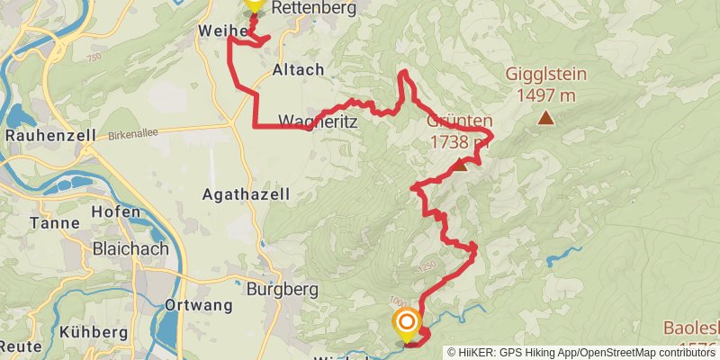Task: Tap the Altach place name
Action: tap(297, 69)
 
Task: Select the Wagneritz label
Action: tap(316, 121)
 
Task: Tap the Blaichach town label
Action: tap(126, 247)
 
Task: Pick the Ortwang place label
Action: tap(198, 305)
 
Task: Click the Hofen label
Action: tap(116, 213)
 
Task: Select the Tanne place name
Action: tap(49, 223)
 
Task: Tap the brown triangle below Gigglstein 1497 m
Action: tap(544, 117)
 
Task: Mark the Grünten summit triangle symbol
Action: tap(459, 165)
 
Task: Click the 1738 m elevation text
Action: tap(459, 141)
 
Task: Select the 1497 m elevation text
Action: tap(546, 94)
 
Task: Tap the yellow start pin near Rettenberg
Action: tap(254, 4)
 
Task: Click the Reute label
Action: tap(14, 346)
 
